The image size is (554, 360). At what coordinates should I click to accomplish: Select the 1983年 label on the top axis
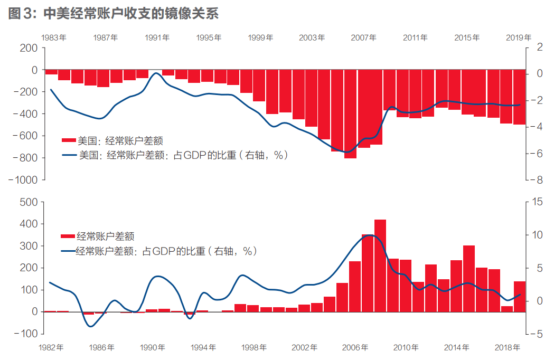coord(54,37)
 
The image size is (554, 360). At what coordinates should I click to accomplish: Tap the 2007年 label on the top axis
coord(364,37)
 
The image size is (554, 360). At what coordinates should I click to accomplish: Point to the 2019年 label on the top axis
coord(519,37)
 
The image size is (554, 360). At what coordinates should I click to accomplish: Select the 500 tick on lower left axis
coord(27,202)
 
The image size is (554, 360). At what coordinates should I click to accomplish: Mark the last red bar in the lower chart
coord(520,296)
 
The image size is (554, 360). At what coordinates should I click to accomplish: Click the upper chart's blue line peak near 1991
coord(156,73)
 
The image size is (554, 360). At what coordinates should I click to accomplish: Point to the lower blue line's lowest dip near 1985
coord(91,326)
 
